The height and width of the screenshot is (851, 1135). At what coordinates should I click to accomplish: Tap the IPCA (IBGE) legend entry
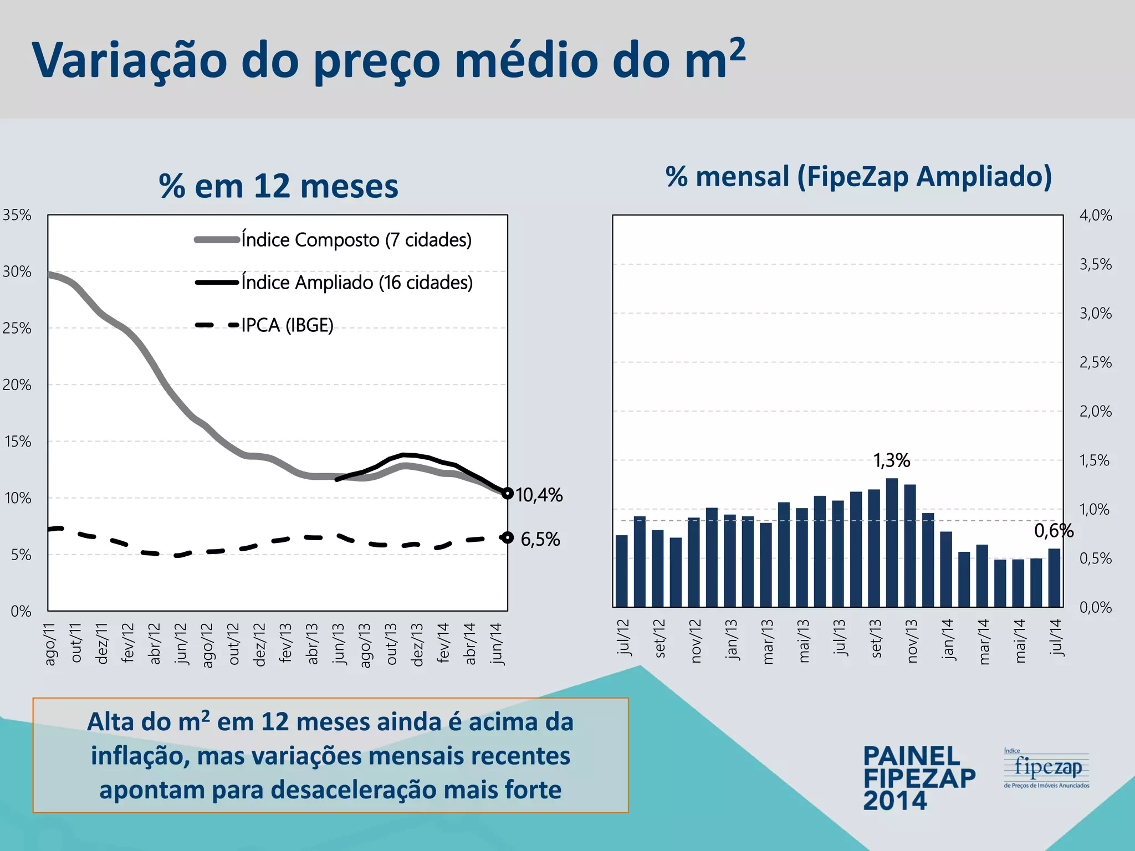tap(287, 325)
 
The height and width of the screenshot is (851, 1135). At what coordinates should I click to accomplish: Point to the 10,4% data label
tap(539, 495)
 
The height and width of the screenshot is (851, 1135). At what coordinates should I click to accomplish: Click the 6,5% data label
tap(540, 539)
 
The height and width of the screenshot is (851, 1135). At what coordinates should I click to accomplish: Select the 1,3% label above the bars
tap(892, 460)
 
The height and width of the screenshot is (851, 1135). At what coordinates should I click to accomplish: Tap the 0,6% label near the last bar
tap(1054, 531)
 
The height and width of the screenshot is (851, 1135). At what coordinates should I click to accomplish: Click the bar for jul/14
tap(1054, 577)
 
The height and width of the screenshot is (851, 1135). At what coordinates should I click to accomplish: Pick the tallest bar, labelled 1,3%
tap(892, 543)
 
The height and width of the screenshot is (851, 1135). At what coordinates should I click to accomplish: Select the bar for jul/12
tap(622, 571)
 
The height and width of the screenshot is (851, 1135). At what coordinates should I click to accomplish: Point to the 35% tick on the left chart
tap(17, 215)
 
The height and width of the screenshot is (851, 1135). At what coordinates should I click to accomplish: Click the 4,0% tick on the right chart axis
tap(1096, 216)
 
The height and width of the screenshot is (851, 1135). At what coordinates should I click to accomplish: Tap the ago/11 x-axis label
tap(50, 644)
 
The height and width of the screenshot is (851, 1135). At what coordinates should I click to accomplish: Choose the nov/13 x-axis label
tap(912, 641)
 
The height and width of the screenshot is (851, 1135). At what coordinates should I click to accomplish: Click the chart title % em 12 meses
tap(278, 186)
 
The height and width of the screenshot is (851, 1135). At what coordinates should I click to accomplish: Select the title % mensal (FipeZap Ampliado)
tap(858, 177)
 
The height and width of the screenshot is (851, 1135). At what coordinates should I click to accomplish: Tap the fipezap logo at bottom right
tap(1047, 768)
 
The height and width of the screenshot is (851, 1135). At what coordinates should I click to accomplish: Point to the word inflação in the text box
tap(139, 756)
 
